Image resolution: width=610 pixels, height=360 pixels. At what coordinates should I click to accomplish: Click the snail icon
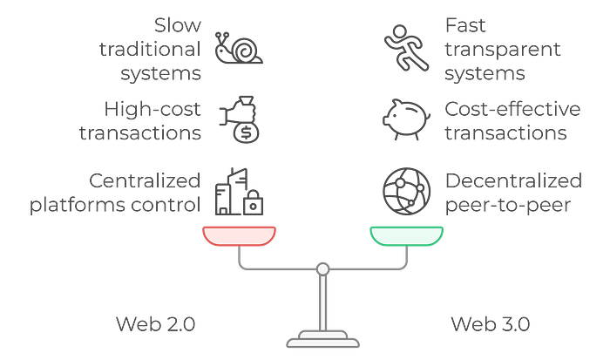pos(239,49)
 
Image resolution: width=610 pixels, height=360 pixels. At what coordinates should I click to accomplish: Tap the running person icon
pos(406,48)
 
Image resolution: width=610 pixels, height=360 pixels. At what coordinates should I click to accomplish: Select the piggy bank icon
pos(407,119)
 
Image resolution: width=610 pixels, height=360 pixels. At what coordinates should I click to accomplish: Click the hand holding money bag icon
pos(240,119)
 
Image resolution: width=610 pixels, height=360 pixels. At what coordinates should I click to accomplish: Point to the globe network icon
pos(407,192)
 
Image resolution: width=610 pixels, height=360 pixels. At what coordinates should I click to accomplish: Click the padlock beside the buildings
pos(253,203)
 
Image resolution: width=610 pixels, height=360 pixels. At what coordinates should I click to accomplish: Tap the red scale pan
pos(240,236)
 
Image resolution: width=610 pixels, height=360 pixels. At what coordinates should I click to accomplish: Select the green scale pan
pos(407,236)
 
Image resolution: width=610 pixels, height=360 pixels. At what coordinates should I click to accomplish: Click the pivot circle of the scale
pos(323,269)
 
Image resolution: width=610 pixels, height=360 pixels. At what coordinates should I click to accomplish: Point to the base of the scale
pos(323,339)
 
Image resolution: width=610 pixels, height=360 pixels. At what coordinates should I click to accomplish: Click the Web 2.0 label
pos(156,324)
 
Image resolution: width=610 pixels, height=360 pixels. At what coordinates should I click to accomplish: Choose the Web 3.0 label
pos(490,324)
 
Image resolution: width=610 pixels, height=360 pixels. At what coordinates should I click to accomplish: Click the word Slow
pos(178,25)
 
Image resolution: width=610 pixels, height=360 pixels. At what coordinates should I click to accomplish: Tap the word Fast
pos(465,25)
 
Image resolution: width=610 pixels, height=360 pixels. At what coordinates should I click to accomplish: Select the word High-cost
pos(152,109)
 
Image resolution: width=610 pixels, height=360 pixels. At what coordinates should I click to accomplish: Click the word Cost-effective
pos(512,109)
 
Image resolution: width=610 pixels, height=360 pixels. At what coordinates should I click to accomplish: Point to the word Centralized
pos(145,181)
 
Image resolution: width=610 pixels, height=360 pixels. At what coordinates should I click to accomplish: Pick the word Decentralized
pos(513,181)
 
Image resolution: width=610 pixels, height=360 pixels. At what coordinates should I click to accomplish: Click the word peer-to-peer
pos(508,206)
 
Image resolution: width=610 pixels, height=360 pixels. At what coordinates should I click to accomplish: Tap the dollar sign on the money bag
pos(247,133)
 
